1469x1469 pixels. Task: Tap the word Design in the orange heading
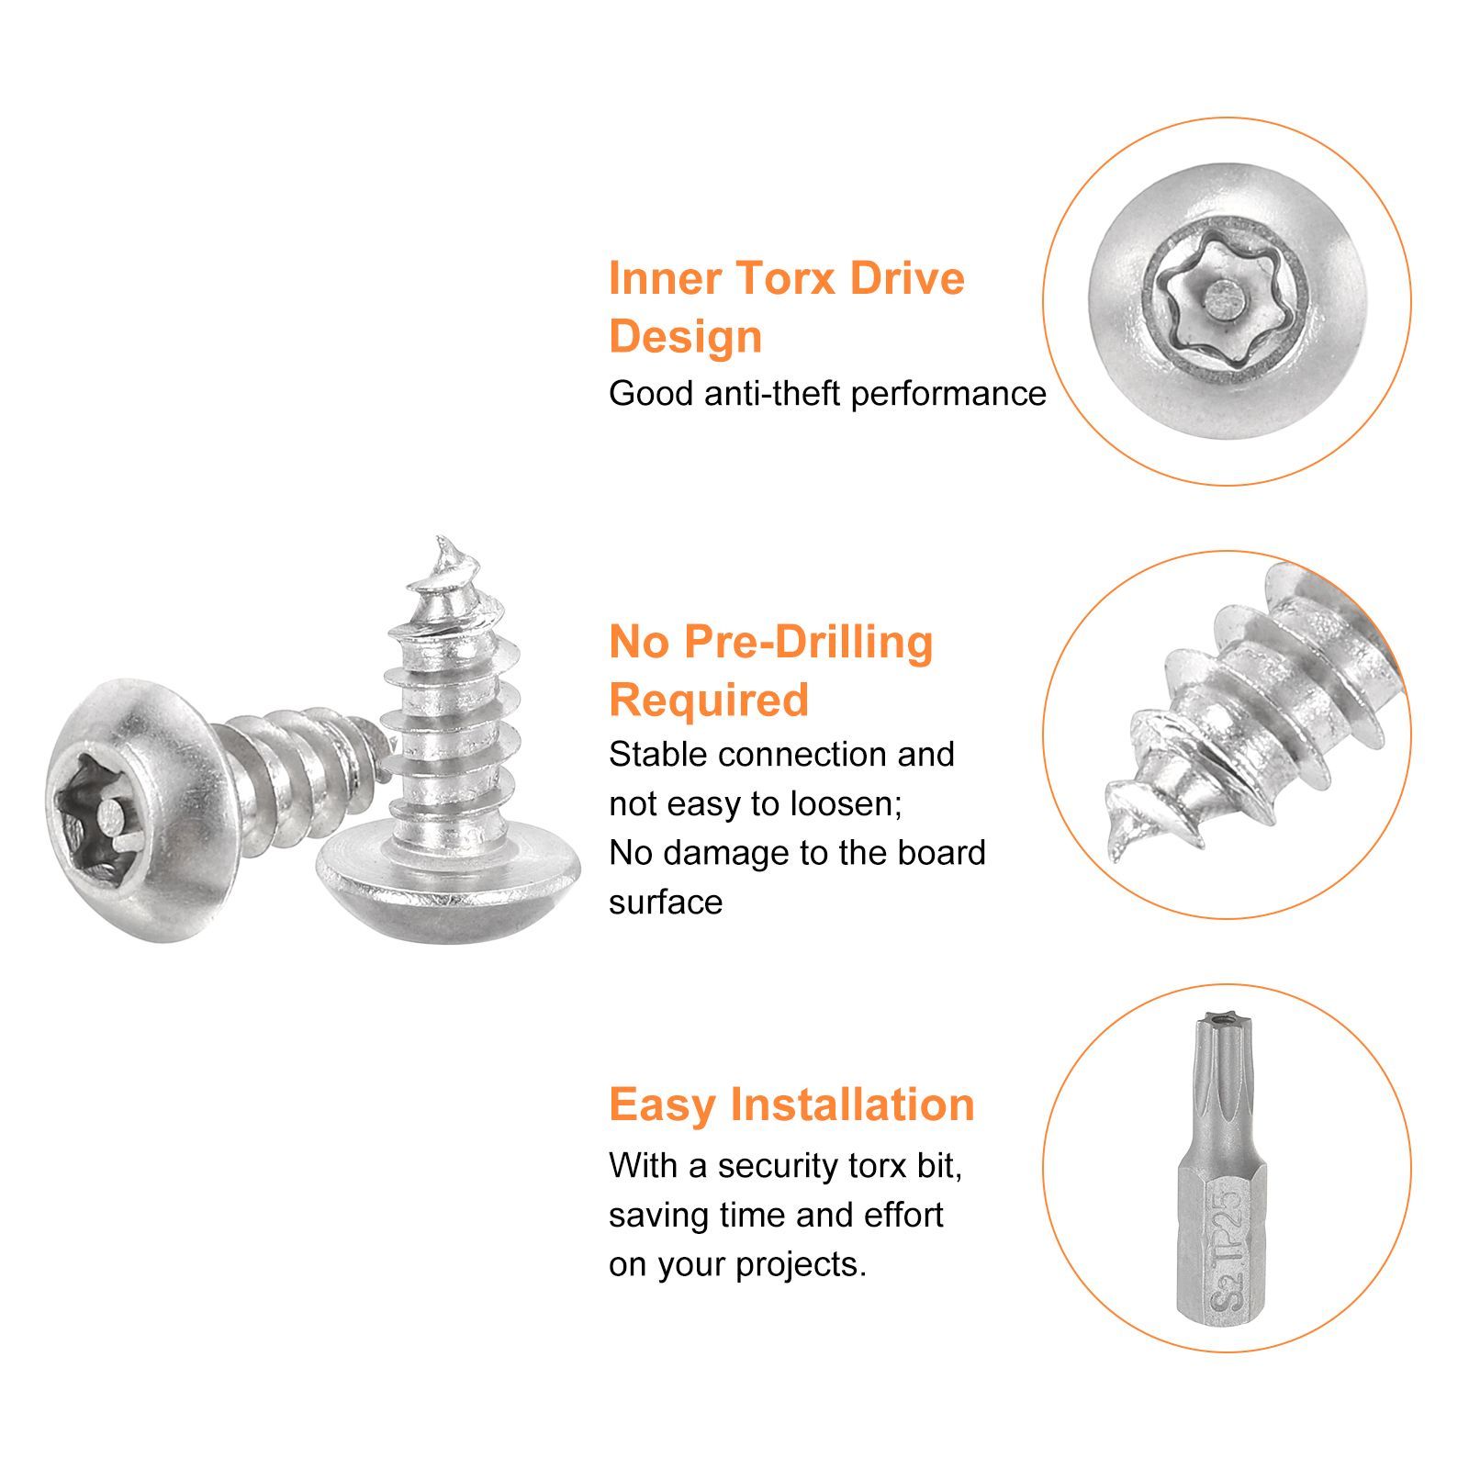tap(685, 337)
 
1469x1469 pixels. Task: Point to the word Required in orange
tap(709, 700)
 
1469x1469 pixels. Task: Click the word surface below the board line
tap(666, 903)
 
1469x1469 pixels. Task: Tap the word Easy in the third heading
tap(663, 1105)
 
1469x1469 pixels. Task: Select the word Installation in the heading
tap(852, 1105)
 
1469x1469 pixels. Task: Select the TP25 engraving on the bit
tap(1227, 1228)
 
